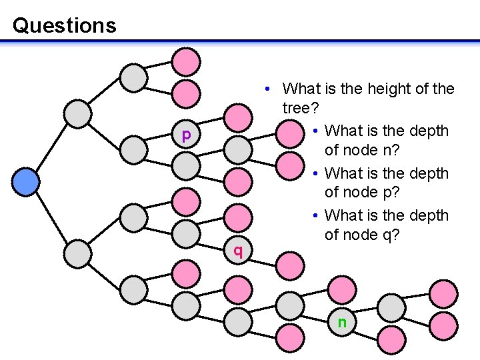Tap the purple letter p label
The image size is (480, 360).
[187, 135]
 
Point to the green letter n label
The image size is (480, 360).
[342, 323]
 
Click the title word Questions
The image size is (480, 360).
[64, 26]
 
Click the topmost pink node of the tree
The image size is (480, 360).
[187, 62]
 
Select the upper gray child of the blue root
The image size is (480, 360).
[79, 114]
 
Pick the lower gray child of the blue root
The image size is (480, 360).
[79, 253]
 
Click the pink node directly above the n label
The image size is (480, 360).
[342, 291]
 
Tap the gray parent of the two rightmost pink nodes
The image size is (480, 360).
[392, 307]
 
